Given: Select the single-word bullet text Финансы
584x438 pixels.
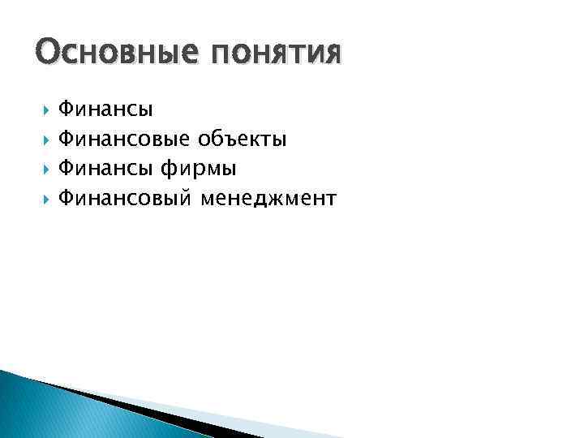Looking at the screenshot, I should point(107,109).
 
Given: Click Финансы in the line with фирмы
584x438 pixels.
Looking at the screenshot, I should point(107,169).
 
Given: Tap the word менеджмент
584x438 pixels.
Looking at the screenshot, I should point(269,199).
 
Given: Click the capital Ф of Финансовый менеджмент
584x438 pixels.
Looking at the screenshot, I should point(67,199).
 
